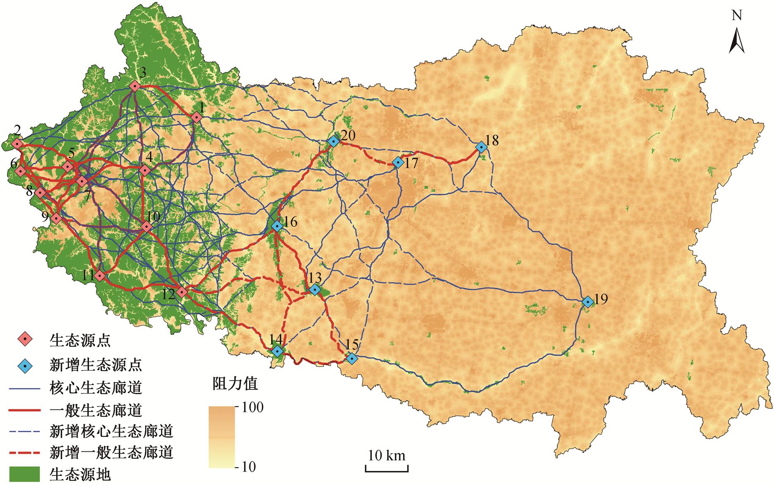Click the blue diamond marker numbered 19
tap(587, 302)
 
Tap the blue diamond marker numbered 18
tap(481, 147)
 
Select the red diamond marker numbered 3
tap(134, 86)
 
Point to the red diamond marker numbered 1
tap(196, 118)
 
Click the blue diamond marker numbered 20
tap(333, 141)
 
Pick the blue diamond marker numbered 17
tap(398, 163)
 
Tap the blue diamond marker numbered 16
tap(277, 226)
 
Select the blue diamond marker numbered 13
tap(315, 290)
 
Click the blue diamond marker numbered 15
tap(352, 358)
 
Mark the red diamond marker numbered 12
tap(182, 292)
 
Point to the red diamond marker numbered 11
tap(99, 276)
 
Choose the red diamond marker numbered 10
tap(146, 227)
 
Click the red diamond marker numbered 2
tap(17, 144)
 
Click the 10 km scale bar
tap(386, 468)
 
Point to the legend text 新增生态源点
tap(96, 365)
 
